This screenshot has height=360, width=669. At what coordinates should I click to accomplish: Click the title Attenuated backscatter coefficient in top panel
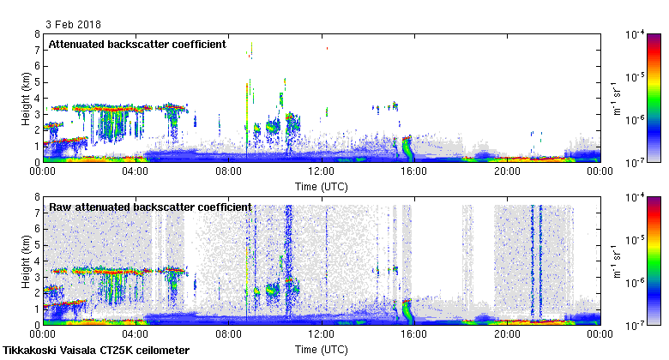point(137,44)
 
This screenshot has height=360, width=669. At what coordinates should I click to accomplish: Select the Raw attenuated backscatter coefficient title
point(150,207)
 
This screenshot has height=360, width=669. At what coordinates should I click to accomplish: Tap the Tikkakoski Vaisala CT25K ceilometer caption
point(96,351)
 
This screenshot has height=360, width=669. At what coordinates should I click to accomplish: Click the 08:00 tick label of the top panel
point(228,171)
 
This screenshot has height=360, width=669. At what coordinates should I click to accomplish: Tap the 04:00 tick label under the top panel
point(136,171)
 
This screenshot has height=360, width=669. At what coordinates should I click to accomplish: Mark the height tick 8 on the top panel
point(37,34)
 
